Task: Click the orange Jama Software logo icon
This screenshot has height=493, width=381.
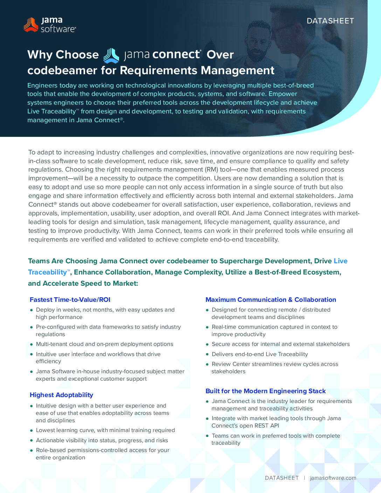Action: click(31, 25)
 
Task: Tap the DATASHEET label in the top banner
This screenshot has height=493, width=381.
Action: click(330, 21)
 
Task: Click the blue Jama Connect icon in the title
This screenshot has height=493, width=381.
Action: click(111, 55)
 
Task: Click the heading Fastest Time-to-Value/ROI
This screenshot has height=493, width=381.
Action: click(70, 300)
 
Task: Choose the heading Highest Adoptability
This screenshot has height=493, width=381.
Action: click(61, 395)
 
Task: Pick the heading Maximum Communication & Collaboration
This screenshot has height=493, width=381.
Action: click(271, 300)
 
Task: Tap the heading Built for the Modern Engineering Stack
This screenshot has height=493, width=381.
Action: click(265, 391)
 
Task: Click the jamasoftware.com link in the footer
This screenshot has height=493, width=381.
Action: click(333, 478)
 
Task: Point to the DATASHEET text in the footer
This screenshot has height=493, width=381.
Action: click(282, 478)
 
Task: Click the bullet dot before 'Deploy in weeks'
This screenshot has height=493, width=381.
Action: click(32, 310)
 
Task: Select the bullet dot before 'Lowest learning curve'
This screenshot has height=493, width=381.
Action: click(32, 430)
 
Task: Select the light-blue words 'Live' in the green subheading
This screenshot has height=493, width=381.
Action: click(340, 261)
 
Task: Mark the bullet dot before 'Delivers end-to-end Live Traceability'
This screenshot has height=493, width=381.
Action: click(207, 354)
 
